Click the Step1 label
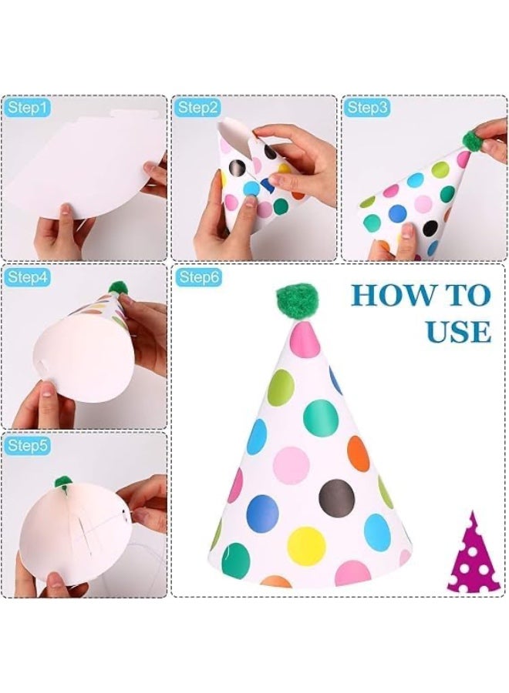tap(26, 108)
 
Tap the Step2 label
tap(197, 108)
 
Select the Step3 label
tap(367, 108)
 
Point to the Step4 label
tap(26, 277)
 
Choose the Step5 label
tap(26, 446)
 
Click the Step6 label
tap(199, 277)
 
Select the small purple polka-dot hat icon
tap(474, 553)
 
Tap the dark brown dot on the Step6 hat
tap(336, 497)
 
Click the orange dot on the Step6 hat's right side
tap(358, 454)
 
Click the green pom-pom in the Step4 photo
tap(118, 288)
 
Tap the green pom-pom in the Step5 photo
tap(63, 482)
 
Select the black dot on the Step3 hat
tap(430, 228)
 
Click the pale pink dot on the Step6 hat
tap(291, 464)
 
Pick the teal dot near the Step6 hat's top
tap(321, 417)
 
